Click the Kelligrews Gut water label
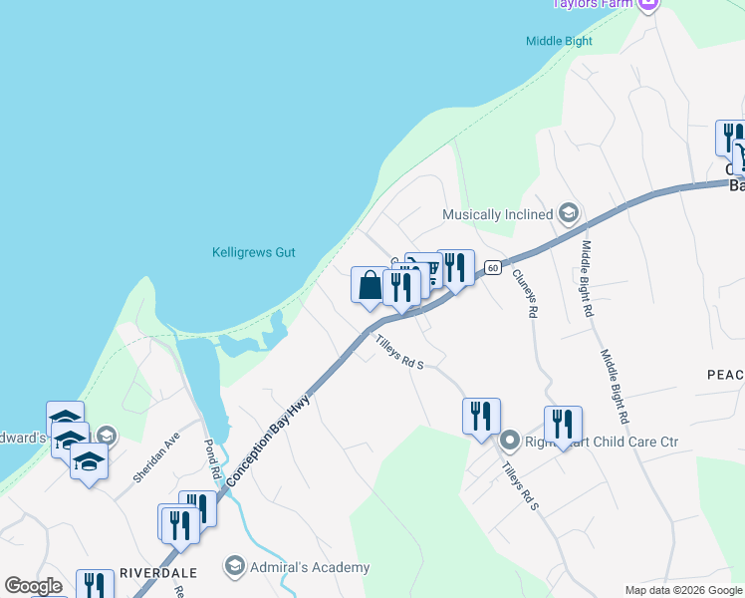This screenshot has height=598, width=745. pos(254,253)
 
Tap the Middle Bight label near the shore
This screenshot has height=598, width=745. pos(559,41)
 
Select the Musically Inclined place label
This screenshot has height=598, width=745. pos(497,214)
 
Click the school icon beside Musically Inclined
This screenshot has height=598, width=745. pos(568,213)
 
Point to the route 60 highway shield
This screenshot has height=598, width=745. pos(493,268)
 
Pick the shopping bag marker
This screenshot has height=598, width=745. pos(369,286)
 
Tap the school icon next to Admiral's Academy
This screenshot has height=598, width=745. pos(234,568)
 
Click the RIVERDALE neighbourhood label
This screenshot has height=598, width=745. pos(157,573)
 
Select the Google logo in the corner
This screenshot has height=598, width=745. pos(33,586)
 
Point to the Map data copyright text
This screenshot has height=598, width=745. pos(683,590)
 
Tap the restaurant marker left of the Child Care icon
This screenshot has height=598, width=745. pos(481,415)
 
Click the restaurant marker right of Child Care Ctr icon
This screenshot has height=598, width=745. pos(563,423)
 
